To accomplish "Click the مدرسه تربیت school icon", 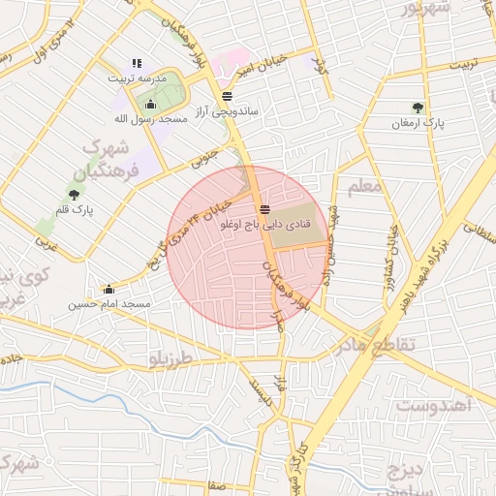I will point(137,64).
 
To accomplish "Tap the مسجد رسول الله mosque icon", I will point(150,105).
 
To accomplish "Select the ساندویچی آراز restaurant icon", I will point(227,96).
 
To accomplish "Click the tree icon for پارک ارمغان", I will point(418,108).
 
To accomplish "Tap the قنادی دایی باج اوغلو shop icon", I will point(264,209).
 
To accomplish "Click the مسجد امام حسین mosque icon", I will point(108,289).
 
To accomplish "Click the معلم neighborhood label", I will point(363,185).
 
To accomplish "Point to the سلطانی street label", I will point(479,232).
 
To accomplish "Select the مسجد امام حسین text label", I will point(108,304).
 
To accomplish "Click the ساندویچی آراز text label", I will point(227,112).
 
